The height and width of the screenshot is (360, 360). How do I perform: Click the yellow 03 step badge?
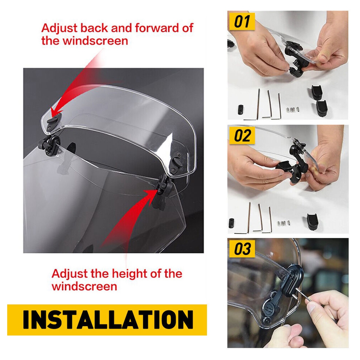242,249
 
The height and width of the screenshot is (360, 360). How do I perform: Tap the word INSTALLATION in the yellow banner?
108,319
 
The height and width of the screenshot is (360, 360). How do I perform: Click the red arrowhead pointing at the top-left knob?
55,113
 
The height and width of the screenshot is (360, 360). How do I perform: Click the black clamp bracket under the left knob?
49,145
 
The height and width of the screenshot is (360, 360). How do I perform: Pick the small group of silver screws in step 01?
293,109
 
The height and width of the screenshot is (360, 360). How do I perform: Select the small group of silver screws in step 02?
284,223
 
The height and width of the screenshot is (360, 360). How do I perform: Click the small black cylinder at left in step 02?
231,223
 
